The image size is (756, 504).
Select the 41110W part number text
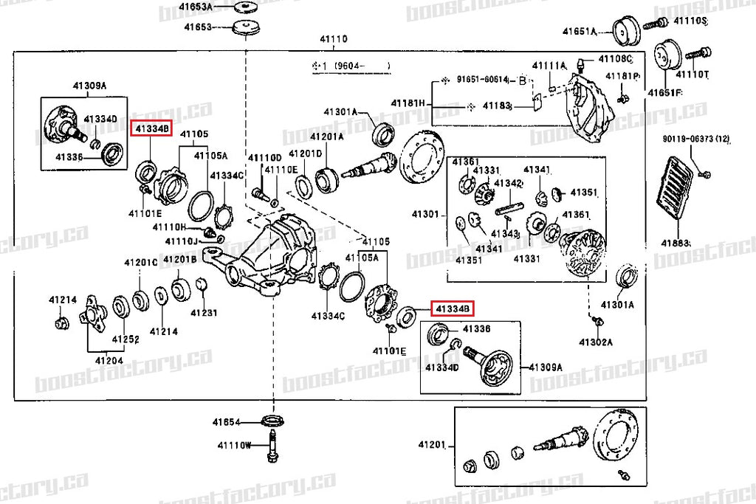(235, 445)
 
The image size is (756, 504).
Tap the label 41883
(675, 243)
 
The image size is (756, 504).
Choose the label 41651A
(579, 31)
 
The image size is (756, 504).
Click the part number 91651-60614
(482, 80)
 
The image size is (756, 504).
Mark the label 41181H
(408, 103)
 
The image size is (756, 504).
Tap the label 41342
(509, 182)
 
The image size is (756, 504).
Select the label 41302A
(596, 342)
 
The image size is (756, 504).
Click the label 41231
(204, 313)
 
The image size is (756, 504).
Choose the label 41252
(126, 339)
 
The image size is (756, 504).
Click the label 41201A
(326, 137)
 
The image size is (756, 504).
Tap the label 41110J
(181, 241)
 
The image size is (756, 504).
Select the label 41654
(227, 422)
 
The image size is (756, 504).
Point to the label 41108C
(616, 58)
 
